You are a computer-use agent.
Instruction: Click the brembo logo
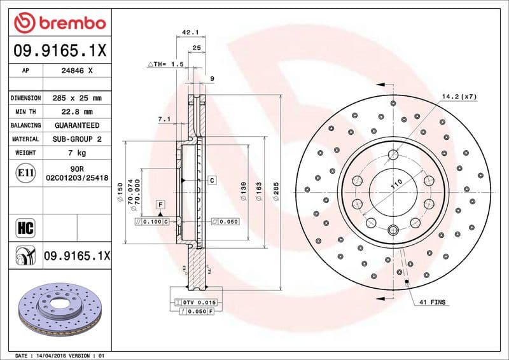(60, 24)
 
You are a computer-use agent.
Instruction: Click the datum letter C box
(212, 181)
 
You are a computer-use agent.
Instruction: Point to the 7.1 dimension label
(164, 119)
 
